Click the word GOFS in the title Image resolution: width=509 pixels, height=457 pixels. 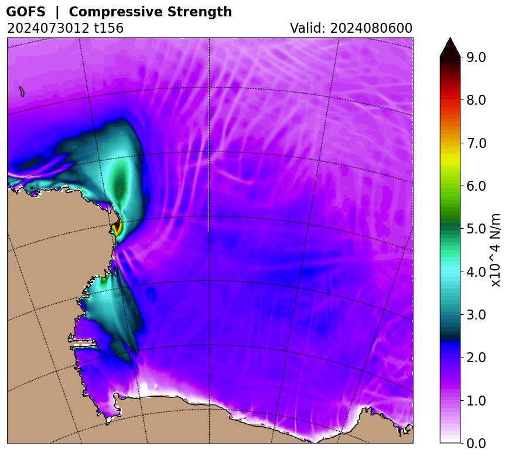(25, 12)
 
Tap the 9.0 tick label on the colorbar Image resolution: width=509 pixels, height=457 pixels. (476, 57)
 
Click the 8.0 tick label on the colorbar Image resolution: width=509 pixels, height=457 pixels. (476, 100)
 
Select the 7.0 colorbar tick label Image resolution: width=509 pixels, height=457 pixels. (476, 143)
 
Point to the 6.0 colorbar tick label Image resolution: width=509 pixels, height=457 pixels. (476, 186)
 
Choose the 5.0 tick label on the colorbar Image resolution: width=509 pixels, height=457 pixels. (476, 229)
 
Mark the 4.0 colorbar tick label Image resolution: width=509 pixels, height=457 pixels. (476, 272)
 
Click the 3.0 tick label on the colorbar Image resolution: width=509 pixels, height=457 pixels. (476, 315)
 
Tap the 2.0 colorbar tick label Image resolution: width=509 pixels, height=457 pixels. (476, 358)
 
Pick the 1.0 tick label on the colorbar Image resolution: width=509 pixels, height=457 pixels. (476, 401)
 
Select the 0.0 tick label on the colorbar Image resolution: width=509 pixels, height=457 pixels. (476, 444)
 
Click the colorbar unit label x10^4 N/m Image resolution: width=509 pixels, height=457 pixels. (496, 249)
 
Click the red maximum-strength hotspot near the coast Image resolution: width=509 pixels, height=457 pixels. (117, 226)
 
